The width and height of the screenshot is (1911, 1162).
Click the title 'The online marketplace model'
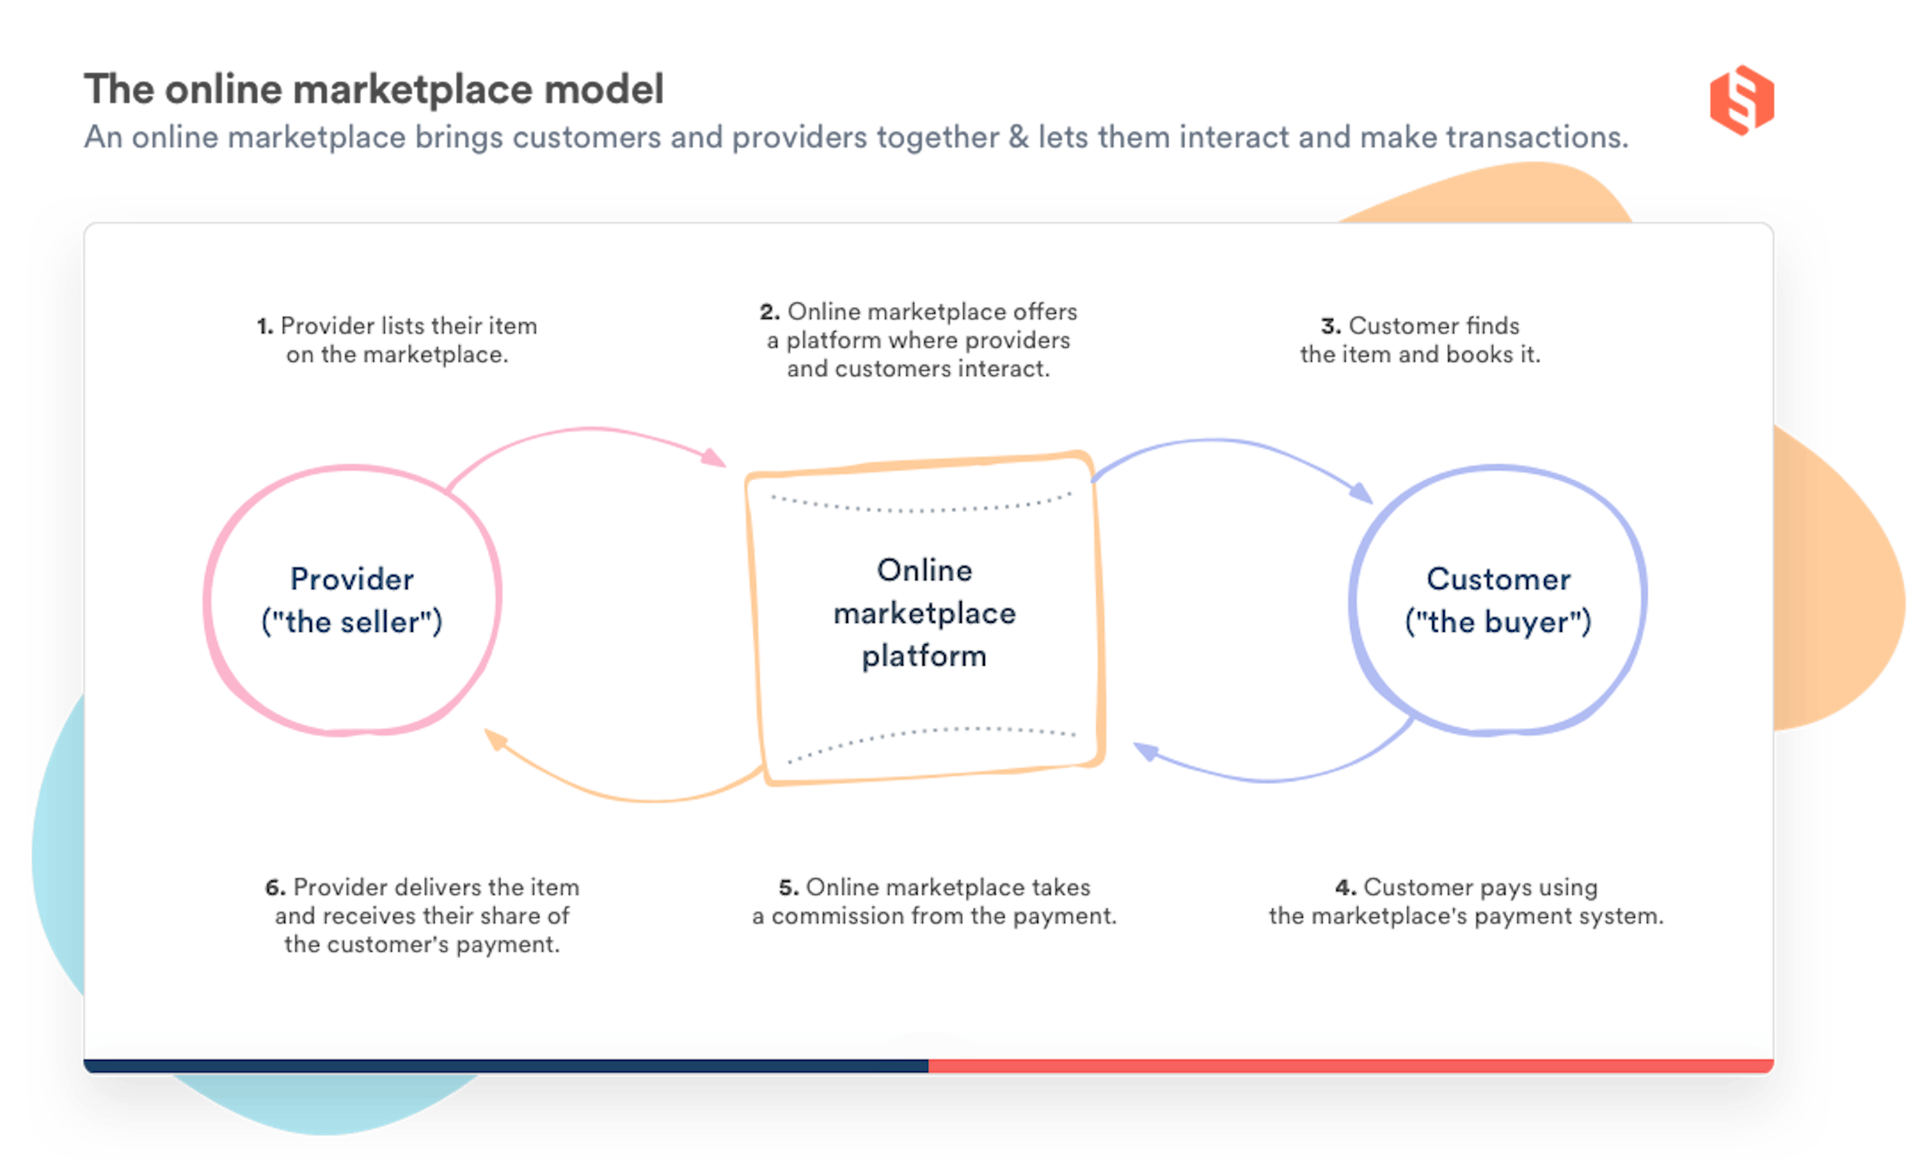373,89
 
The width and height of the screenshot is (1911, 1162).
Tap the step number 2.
768,312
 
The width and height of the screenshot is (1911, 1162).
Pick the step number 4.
1345,887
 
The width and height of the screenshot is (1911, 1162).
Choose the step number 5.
788,887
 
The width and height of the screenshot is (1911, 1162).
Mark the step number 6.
275,887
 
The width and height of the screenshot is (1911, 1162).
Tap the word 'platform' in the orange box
924,656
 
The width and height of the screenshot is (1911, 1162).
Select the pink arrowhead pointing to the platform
714,457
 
